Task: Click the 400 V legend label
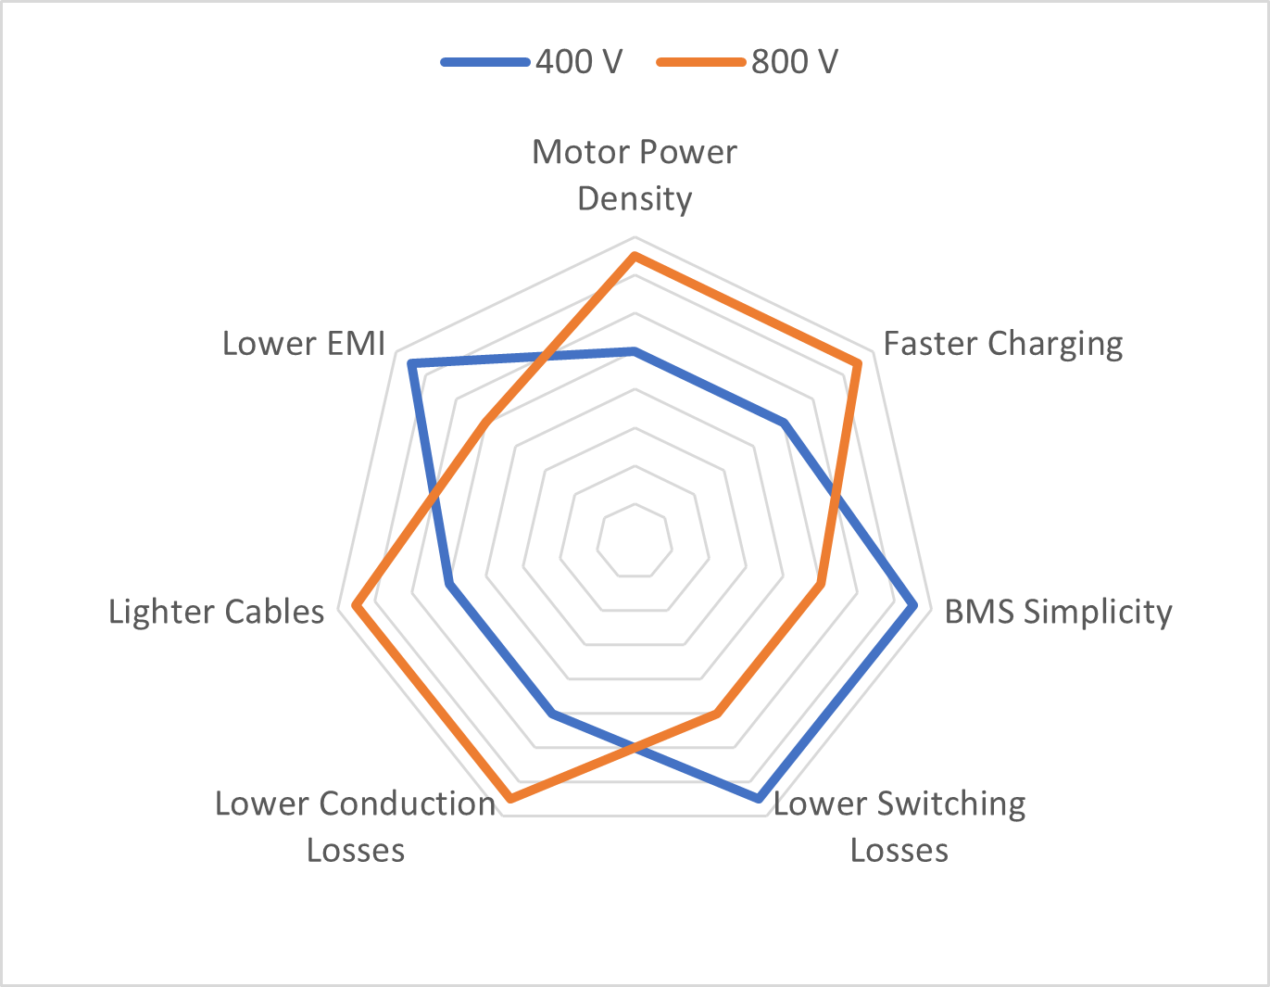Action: (x=579, y=61)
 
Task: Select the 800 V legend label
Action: (x=795, y=61)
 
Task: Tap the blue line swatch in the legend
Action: (x=485, y=62)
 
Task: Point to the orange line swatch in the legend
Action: (x=701, y=62)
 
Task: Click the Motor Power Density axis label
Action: (x=635, y=175)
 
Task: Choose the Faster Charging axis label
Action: (x=1003, y=344)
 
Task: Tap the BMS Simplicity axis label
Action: (x=1059, y=613)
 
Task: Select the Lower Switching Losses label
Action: (x=899, y=827)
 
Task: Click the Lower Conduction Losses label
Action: (x=356, y=827)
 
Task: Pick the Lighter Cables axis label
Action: (x=216, y=613)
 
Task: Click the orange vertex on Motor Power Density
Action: (x=635, y=256)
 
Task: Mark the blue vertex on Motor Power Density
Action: (x=635, y=351)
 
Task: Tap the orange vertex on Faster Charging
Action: (x=858, y=364)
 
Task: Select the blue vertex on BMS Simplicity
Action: (x=914, y=606)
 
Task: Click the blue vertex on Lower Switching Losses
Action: (x=759, y=798)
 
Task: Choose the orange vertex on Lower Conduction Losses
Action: (x=510, y=798)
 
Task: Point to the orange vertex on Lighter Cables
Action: (x=355, y=606)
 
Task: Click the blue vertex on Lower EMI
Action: (x=411, y=364)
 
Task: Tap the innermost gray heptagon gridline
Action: (x=635, y=504)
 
